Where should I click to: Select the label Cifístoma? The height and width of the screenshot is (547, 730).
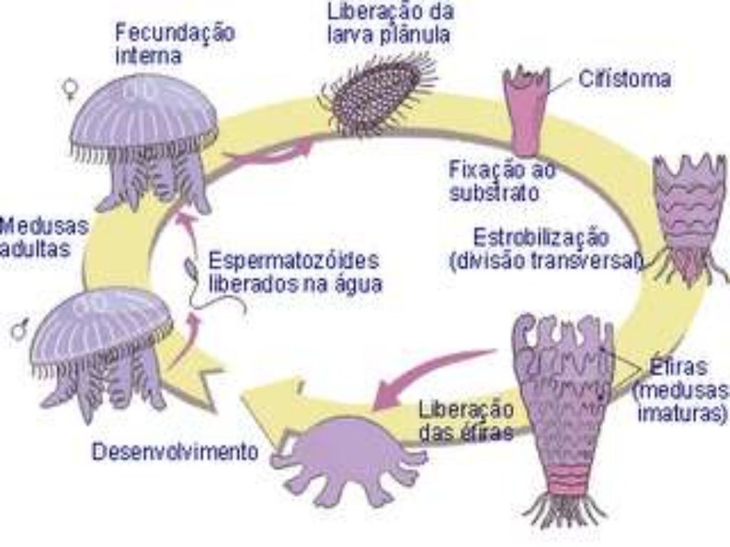coord(624,79)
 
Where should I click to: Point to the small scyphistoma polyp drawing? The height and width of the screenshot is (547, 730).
coord(527,110)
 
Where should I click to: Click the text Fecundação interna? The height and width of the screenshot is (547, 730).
coord(175,43)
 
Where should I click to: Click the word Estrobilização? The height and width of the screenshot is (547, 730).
coord(542,236)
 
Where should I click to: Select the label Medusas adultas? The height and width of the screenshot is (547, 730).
coord(43,238)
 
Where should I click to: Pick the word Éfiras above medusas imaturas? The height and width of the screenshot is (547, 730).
coord(678,368)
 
